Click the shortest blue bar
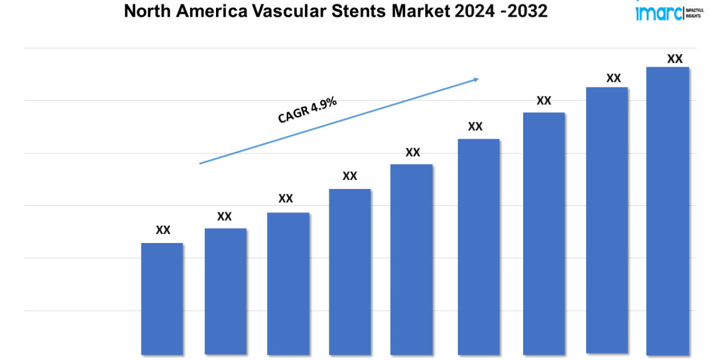[162, 298]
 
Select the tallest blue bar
[668, 211]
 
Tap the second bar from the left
[225, 291]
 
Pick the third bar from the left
[288, 283]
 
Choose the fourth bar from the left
[350, 271]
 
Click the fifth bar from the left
[412, 259]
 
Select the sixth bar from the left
[478, 247]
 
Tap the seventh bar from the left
[544, 233]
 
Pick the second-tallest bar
[607, 221]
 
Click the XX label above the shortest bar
[163, 230]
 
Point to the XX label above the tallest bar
[675, 59]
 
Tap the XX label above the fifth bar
[413, 152]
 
